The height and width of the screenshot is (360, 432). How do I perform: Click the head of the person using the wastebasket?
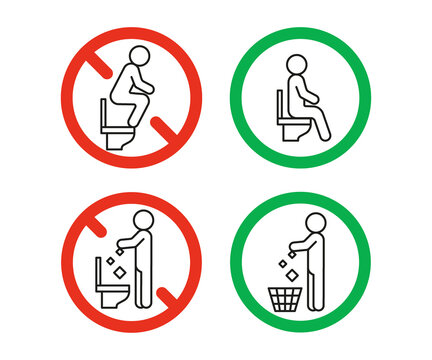[316, 223]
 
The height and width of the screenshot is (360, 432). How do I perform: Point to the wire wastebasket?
[288, 298]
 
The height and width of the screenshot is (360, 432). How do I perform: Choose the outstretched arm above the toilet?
[126, 241]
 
